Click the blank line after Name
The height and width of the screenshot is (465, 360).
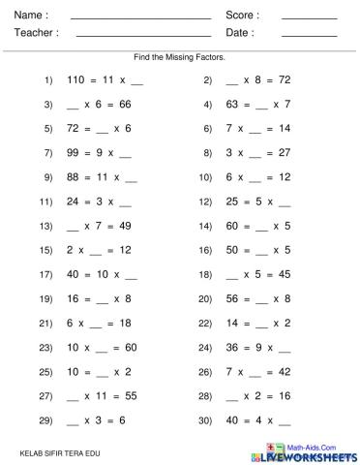pos(141,18)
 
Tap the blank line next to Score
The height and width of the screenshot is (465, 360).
pos(310,18)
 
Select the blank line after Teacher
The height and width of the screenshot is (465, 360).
pos(142,36)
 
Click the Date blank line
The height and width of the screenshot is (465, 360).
pos(310,36)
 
